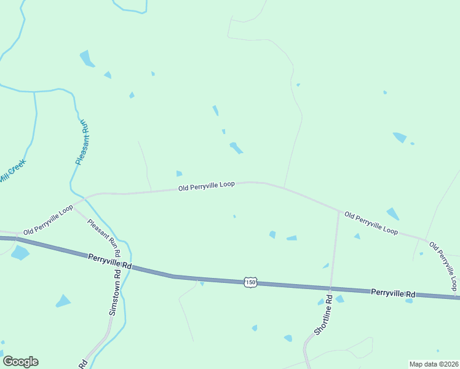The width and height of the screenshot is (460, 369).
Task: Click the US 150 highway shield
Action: pos(250,282)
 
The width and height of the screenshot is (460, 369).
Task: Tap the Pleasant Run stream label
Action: pos(82,142)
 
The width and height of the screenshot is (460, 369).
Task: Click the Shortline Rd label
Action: pos(323,315)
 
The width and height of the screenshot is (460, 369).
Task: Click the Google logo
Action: pos(20,362)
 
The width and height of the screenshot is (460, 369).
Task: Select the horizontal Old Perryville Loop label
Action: pos(207,185)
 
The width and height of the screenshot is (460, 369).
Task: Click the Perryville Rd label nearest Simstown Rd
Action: pos(110,261)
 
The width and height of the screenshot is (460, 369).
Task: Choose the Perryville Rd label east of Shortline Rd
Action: pos(394,293)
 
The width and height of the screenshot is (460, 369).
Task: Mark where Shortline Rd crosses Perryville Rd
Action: pos(331,288)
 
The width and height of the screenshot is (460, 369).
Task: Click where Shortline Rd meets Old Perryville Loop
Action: pos(339,212)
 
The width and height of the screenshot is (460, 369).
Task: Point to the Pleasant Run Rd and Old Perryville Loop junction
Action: pos(75,208)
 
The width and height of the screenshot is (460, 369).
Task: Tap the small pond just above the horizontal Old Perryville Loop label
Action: pos(179,174)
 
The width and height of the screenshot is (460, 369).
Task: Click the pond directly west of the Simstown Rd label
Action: pos(63,301)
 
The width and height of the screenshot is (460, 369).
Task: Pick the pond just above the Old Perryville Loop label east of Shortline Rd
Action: pos(392,213)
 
